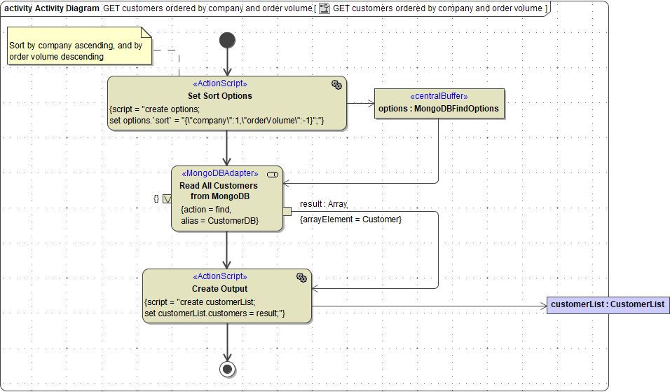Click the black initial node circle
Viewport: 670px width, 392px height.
(227, 40)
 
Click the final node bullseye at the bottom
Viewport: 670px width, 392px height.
(227, 369)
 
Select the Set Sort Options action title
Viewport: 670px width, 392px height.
(220, 95)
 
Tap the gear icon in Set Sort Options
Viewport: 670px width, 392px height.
(336, 85)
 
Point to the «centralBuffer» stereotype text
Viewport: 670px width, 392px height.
(439, 96)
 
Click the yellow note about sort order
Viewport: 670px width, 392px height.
(79, 46)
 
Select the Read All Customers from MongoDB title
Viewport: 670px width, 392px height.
(219, 191)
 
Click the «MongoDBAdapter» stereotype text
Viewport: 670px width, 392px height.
(220, 173)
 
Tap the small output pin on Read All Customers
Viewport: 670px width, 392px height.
(287, 211)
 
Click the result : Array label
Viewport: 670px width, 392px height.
(323, 204)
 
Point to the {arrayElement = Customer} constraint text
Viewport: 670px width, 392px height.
(350, 219)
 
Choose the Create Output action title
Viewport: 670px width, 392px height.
(219, 288)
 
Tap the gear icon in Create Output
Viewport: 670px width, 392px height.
(301, 278)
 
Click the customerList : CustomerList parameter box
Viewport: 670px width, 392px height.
(607, 304)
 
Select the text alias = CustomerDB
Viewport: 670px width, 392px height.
(220, 220)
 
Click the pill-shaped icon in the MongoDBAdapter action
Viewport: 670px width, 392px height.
(273, 174)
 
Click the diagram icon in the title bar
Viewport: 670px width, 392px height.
(324, 8)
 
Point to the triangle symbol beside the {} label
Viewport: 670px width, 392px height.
(167, 198)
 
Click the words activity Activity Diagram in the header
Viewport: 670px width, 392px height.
(51, 8)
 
